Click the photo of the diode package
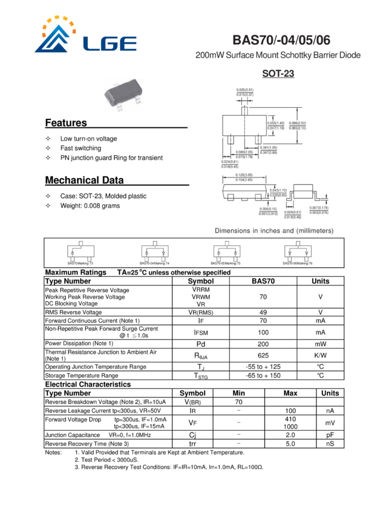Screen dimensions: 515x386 pos(123,93)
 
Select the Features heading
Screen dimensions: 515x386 pos(65,124)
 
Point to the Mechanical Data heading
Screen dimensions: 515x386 pos(85,181)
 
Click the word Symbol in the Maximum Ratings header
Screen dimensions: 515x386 pos(201,281)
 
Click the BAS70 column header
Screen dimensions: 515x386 pos(263,281)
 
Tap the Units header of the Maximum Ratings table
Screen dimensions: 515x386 pos(320,281)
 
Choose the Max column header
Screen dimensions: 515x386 pos(290,393)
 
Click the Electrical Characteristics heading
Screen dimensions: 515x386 pos(88,384)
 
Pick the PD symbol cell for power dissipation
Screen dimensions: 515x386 pos(201,344)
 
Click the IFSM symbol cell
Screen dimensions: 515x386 pos(201,331)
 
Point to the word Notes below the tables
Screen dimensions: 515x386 pos(53,452)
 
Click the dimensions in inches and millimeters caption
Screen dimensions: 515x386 pos(273,231)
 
